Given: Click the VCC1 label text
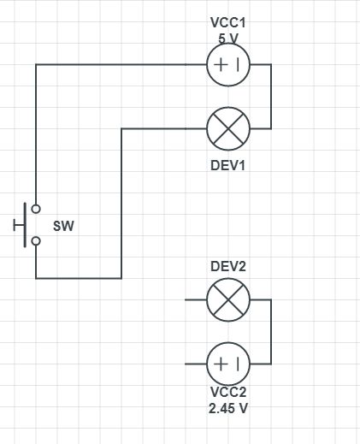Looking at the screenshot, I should [x=228, y=23].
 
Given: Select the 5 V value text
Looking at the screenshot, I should [x=228, y=38].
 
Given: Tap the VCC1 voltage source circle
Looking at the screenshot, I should [x=228, y=65].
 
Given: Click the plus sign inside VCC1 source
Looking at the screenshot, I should [x=221, y=65].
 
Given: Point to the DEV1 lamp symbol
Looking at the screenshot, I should [x=228, y=129].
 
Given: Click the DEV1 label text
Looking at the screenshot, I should [x=228, y=164].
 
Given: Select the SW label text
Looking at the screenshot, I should [x=63, y=227].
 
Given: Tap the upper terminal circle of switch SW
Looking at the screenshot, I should [x=36, y=208].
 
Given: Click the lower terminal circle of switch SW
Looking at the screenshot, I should [x=36, y=241].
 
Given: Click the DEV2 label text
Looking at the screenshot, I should [x=228, y=266].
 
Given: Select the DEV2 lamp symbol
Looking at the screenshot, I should [x=228, y=300].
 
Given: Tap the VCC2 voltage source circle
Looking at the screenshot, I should [x=228, y=364].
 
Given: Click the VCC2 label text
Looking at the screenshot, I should [x=228, y=394].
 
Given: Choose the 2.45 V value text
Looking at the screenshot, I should [x=228, y=409].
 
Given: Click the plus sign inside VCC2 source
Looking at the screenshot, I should [x=221, y=364].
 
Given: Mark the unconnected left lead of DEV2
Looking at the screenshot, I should [x=196, y=300].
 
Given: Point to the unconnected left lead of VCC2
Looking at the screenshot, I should [x=196, y=364].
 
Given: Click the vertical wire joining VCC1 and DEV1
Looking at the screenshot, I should [x=271, y=97].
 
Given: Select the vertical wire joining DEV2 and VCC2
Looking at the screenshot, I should [x=271, y=332].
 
